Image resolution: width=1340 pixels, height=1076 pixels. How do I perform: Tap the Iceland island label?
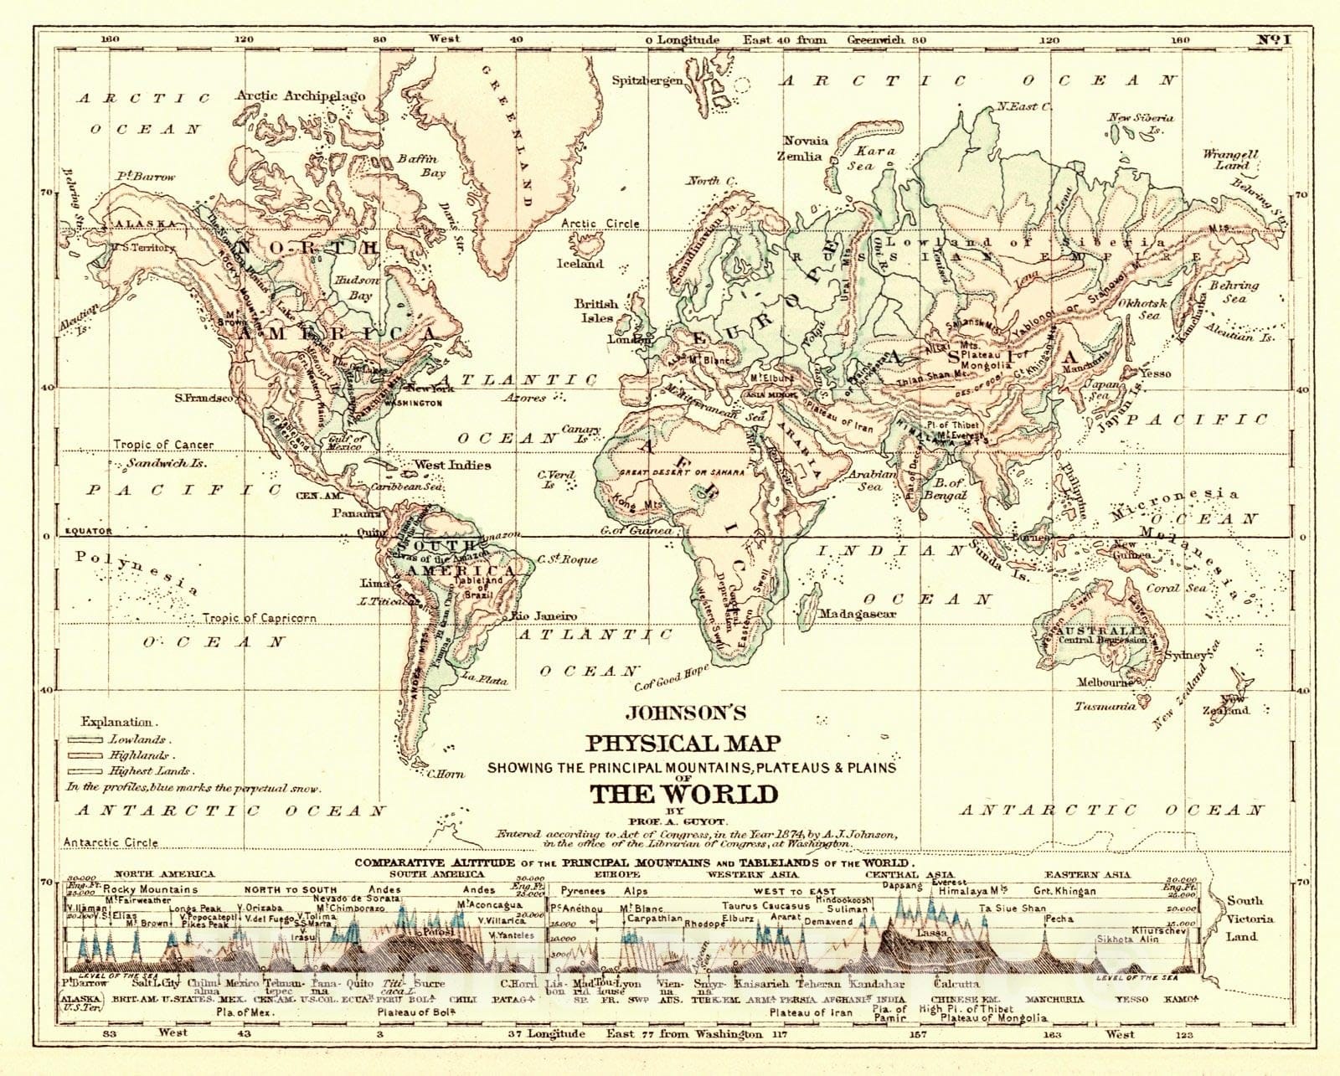[x=580, y=263]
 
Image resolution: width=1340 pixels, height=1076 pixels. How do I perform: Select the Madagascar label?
[x=857, y=614]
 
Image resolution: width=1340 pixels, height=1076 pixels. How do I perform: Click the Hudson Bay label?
[x=357, y=288]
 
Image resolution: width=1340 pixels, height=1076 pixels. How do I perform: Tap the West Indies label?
[x=452, y=465]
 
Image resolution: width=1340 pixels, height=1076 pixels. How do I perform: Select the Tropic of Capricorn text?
[x=259, y=618]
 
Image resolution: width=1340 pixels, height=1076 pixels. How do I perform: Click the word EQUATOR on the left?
[x=89, y=531]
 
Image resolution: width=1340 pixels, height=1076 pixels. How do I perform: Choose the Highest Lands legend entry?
[x=149, y=770]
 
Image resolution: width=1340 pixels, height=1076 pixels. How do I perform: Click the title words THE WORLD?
[x=683, y=794]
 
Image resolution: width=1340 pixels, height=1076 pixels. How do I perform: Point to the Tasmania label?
[x=1105, y=706]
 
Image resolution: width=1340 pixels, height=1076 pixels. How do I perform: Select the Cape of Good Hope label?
[x=672, y=677]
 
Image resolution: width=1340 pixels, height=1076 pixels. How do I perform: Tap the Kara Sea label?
[x=874, y=158]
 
